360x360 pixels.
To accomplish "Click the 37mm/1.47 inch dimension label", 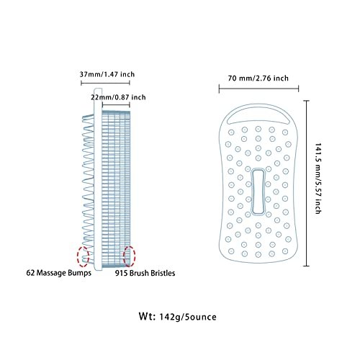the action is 107,74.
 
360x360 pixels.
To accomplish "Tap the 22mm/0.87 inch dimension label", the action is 118,97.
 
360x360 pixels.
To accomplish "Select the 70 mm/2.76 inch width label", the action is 258,78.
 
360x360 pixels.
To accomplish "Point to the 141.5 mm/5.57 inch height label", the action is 318,178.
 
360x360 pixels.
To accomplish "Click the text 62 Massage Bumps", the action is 59,273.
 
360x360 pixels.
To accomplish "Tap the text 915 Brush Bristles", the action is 145,273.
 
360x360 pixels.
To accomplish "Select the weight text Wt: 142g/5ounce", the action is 178,317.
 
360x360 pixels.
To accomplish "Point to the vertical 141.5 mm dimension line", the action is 306,184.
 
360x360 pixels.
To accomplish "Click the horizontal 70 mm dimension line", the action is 258,89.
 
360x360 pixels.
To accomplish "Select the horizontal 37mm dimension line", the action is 105,83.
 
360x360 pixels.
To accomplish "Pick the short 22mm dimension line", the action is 116,104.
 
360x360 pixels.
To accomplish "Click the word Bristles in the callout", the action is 163,273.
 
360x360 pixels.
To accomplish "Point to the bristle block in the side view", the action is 116,189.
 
